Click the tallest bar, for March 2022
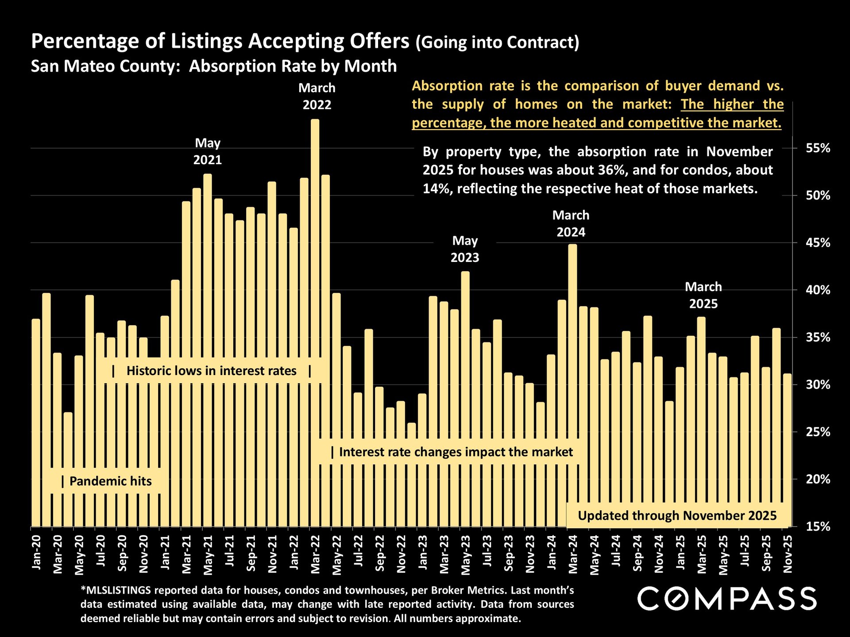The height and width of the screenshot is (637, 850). (x=315, y=323)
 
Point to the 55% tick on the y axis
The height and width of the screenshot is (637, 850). (x=818, y=148)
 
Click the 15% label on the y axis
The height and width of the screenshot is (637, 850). (x=818, y=526)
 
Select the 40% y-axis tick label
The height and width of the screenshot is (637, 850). (x=818, y=290)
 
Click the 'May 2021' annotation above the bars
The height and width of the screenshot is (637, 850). (x=208, y=151)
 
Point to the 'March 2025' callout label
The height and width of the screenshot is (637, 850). (x=703, y=295)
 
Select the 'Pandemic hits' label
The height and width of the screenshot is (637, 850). (x=110, y=481)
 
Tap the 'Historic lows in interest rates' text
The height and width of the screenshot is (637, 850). (x=211, y=371)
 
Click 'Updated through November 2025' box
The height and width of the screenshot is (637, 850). (x=677, y=516)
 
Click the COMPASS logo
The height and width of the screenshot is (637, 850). (x=726, y=599)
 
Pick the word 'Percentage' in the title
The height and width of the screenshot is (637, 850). (x=85, y=42)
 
